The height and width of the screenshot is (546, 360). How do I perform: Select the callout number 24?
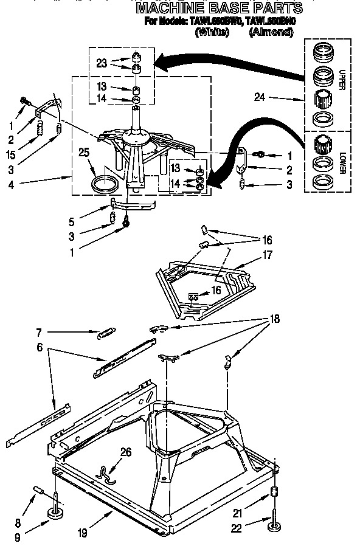260,97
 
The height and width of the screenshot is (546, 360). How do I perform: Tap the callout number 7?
38,333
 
